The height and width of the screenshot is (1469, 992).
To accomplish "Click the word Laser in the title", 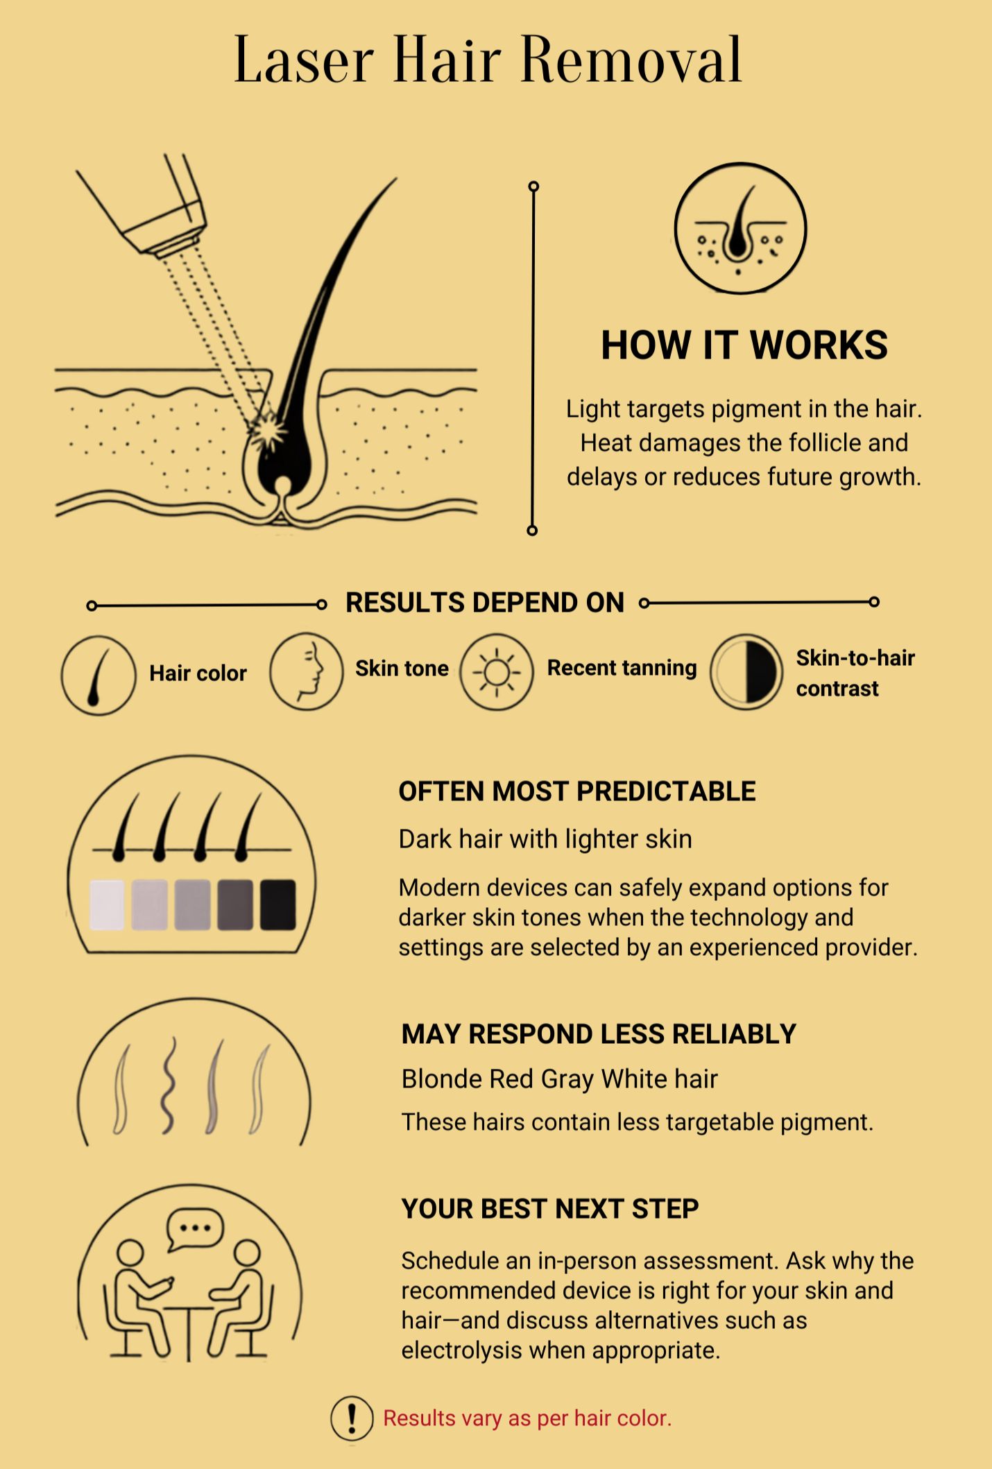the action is tap(304, 60).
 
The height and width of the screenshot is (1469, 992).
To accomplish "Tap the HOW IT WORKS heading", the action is tap(744, 345).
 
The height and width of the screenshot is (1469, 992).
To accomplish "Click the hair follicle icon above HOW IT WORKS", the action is tap(740, 228).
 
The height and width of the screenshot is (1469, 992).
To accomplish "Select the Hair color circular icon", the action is tap(99, 675).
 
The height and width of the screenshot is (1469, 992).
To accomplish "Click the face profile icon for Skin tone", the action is tap(306, 671).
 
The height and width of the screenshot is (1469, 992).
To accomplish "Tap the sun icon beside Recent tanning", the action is tap(497, 671).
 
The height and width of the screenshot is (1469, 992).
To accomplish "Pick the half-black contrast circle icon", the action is tap(746, 672).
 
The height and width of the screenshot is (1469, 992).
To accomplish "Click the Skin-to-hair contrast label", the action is tap(855, 673).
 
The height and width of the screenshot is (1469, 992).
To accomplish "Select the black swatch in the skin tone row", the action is tap(278, 904).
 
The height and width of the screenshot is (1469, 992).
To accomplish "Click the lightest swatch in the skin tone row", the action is tap(108, 904).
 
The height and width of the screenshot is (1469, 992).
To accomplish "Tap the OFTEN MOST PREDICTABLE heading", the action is tap(577, 791).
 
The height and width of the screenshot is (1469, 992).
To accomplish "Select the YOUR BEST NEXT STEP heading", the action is tap(550, 1209).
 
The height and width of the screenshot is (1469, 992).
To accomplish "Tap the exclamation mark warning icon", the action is tap(352, 1418).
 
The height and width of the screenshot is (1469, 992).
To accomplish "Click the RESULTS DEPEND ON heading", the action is tap(485, 603).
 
